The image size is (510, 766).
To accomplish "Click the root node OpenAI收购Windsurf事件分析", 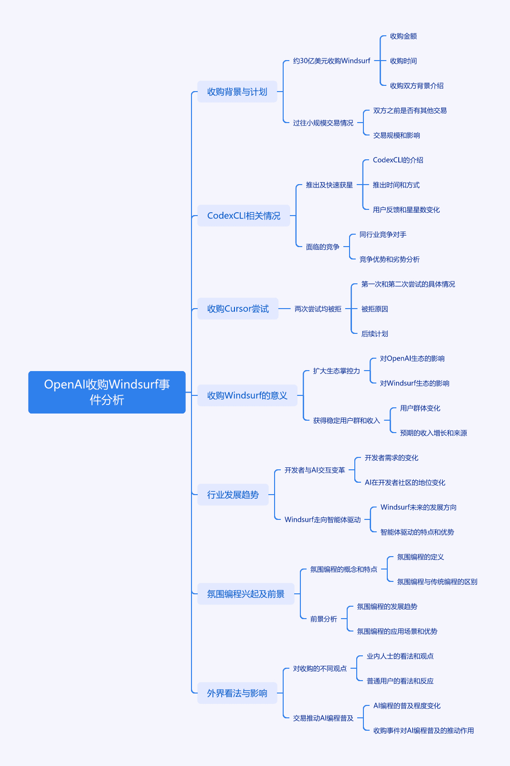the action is coord(107,392).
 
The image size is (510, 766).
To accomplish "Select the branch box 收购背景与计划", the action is coord(237,92).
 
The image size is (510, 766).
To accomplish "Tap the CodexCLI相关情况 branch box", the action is coord(244,216).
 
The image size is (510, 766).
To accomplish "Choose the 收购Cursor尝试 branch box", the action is coord(238,309).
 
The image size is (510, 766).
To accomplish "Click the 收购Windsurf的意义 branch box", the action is coord(247,395).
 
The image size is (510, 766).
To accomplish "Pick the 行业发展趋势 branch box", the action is coord(233,495).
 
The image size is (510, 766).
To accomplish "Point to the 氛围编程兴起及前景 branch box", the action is coord(246,594).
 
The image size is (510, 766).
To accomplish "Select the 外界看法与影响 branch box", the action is coord(237,693).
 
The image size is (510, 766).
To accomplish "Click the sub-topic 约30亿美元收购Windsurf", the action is coord(331,61).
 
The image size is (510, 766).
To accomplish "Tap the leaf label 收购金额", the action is coord(404,36).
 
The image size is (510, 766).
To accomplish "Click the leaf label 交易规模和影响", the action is coord(397,135).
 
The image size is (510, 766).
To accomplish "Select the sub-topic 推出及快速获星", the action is coord(329,185).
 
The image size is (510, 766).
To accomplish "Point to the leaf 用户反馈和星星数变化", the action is coord(406,209).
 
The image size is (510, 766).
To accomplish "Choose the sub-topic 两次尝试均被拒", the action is coord(318,309).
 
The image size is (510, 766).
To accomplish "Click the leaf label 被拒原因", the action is coord(375,309).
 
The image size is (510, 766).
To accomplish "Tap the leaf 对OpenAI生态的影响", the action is coord(412,358).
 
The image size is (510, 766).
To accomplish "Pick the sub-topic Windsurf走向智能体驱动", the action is coord(323,519).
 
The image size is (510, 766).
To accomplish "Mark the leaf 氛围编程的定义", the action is coord(420,557).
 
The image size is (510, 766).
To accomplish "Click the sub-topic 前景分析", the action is coord(323,619).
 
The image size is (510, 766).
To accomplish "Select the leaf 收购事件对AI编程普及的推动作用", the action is coord(424,730).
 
